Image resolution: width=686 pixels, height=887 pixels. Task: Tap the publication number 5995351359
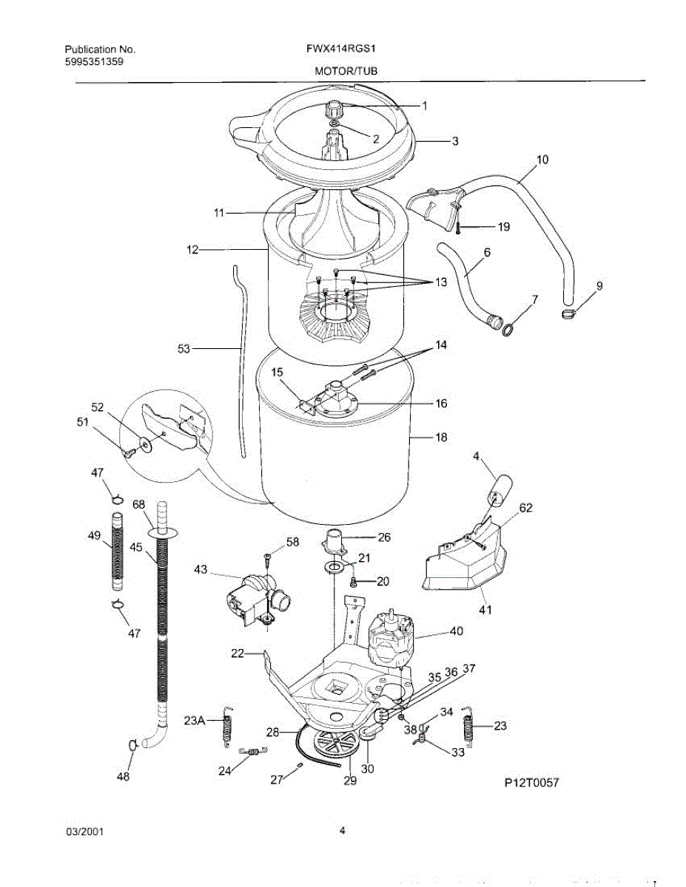click(x=94, y=62)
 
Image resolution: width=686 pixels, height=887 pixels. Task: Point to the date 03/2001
click(x=85, y=831)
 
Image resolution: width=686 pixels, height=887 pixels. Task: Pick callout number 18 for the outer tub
click(x=441, y=438)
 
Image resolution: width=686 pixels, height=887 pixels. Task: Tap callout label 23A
click(x=195, y=721)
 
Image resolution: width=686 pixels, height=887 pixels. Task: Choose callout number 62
click(x=525, y=508)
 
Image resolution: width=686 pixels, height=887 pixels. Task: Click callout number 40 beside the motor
click(x=456, y=632)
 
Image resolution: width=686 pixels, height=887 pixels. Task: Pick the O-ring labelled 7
click(x=509, y=326)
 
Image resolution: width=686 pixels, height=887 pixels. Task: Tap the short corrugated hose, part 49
click(x=116, y=554)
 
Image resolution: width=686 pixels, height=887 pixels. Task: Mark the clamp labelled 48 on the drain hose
click(x=132, y=745)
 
